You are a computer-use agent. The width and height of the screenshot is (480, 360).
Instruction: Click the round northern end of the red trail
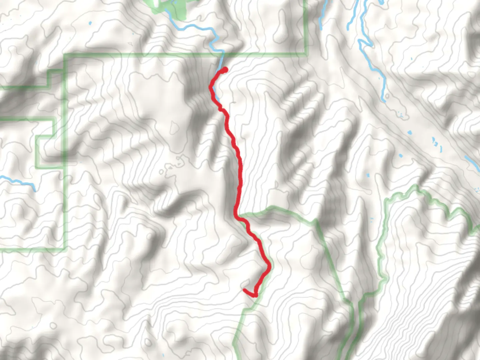[x=225, y=69]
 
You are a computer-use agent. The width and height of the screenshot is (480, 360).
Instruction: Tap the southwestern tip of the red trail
[x=245, y=290]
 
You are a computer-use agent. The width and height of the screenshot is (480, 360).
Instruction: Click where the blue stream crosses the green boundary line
[x=221, y=54]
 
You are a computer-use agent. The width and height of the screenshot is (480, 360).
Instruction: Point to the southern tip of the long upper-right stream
[x=383, y=99]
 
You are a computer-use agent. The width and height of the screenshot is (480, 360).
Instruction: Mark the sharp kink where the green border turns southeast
[x=315, y=221]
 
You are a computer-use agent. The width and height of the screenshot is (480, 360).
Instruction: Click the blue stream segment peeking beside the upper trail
[x=217, y=97]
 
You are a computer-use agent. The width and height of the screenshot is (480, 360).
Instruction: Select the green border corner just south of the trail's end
[x=243, y=310]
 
